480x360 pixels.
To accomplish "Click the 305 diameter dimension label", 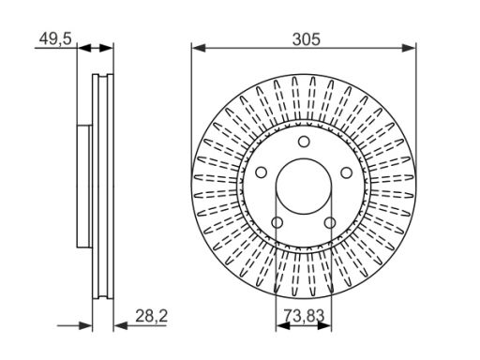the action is point(307,39).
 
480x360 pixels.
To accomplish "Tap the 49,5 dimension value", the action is point(55,39).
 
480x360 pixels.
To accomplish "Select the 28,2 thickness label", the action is point(151,316).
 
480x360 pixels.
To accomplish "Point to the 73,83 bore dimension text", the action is point(304,315).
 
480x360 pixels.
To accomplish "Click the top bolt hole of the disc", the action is point(304,142).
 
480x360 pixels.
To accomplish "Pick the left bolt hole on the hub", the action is point(261,172).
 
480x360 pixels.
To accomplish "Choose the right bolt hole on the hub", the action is point(346,172).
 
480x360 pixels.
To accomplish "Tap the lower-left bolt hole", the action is point(277,223).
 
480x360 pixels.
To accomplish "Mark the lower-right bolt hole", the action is point(330,223).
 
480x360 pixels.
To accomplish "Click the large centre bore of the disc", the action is point(304,187).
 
